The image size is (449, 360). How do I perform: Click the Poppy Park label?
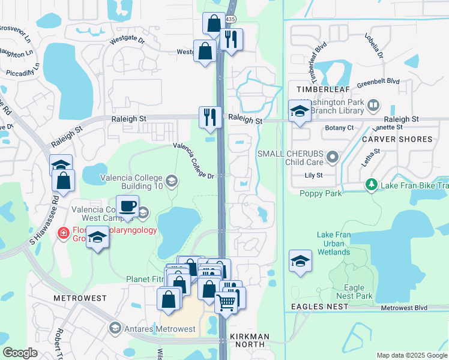coord(321,193)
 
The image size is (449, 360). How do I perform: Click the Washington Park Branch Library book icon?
coord(373,106)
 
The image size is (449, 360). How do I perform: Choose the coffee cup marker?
coord(127,206)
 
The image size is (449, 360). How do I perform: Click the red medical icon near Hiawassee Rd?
coord(62,233)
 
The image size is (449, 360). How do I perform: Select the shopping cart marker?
coord(226,302)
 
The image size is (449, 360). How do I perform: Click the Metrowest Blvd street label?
coord(404,308)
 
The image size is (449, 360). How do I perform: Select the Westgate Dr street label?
coord(127,41)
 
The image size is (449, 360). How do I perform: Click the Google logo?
coord(20,353)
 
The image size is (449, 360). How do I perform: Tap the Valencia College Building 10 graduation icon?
coord(171,181)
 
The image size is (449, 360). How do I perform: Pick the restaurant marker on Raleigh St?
coord(210,116)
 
